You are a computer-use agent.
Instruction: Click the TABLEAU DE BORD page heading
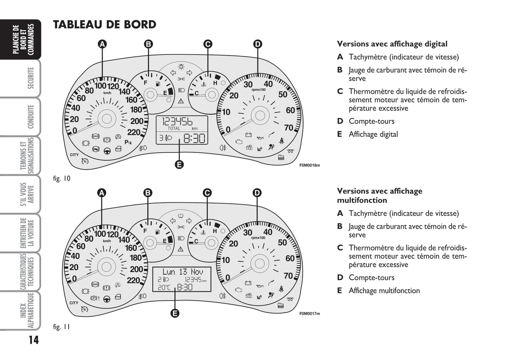tap(105, 25)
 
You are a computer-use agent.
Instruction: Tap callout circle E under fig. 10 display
tap(179, 164)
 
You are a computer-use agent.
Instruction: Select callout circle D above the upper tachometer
tap(258, 44)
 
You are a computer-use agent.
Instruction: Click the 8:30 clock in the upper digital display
tap(194, 138)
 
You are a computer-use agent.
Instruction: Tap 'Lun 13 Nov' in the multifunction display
tap(182, 272)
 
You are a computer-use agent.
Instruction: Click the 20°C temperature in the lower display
tap(164, 287)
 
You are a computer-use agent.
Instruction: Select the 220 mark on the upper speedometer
tap(134, 132)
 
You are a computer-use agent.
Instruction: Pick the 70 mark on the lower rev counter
tap(288, 276)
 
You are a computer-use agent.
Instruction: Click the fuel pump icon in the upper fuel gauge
tap(158, 84)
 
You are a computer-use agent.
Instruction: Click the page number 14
tap(33, 340)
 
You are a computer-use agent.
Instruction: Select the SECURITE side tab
tap(31, 78)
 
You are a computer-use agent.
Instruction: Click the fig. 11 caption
tap(62, 327)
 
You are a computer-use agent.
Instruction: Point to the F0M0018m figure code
tap(309, 165)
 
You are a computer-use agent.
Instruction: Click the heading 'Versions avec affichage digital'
tap(392, 44)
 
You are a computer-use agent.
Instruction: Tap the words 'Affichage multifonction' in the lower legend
tap(384, 291)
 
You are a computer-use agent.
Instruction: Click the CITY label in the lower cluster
tap(74, 303)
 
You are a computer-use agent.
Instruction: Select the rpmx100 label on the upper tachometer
tap(259, 90)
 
